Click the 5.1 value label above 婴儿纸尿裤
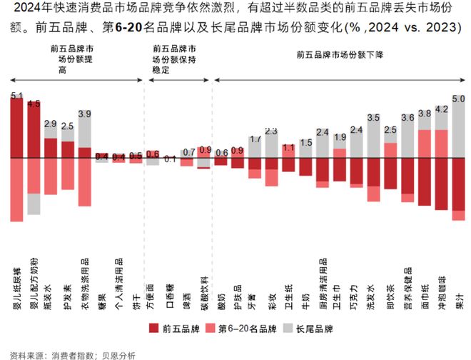coord(17,95)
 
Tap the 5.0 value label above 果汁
coord(459,98)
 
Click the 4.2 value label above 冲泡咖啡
coord(442,109)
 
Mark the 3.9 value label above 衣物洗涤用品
coord(84,113)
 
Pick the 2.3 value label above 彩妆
coord(271,131)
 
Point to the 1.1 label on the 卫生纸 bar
coord(288,148)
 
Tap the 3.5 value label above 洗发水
coord(373,116)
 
